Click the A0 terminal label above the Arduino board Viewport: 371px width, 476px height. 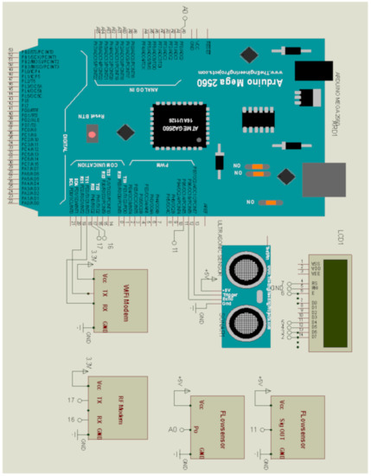click(184, 11)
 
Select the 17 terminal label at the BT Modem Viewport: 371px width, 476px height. click(72, 399)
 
